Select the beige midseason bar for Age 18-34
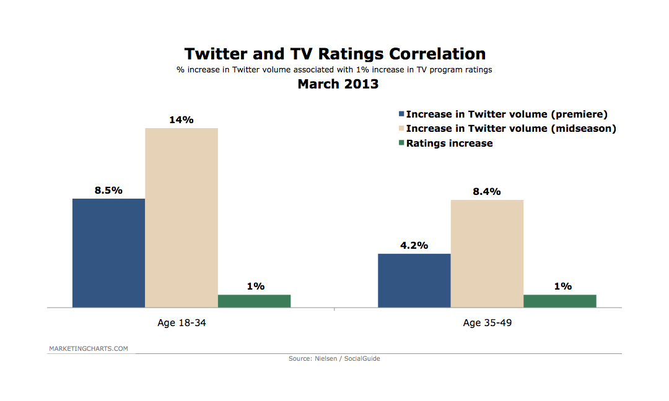tap(181, 217)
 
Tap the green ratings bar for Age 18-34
tap(254, 301)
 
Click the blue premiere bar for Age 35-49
tap(414, 280)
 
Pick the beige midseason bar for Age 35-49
tap(487, 253)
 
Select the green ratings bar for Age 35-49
tap(560, 301)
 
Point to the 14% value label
tap(181, 120)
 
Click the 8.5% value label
tap(108, 191)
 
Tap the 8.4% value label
tap(487, 192)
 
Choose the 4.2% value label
tap(414, 245)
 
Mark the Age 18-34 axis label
tap(181, 323)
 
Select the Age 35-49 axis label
tap(487, 323)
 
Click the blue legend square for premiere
tap(401, 114)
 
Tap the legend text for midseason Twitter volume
tap(511, 129)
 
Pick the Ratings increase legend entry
tap(449, 143)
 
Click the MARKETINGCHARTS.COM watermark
tap(89, 348)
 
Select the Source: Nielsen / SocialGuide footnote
tap(334, 358)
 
